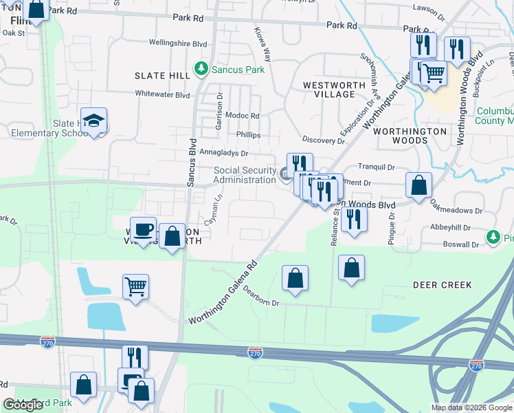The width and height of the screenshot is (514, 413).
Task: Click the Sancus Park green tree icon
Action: (201, 69)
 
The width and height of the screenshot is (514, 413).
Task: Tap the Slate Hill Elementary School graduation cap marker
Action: (93, 121)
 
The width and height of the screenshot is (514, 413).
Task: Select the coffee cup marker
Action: (144, 231)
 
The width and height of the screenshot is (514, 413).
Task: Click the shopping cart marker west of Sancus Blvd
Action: (135, 286)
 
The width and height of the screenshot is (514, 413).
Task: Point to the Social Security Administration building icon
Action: (284, 172)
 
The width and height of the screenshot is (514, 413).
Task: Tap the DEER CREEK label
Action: (442, 284)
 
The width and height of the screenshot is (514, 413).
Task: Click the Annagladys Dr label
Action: (223, 153)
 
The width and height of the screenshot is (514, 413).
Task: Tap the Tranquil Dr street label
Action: (377, 167)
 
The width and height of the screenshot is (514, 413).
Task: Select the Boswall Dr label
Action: (460, 244)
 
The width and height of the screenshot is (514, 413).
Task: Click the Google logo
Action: (22, 405)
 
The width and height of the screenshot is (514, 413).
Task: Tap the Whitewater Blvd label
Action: (162, 94)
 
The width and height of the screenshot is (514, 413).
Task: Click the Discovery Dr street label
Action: (327, 140)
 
